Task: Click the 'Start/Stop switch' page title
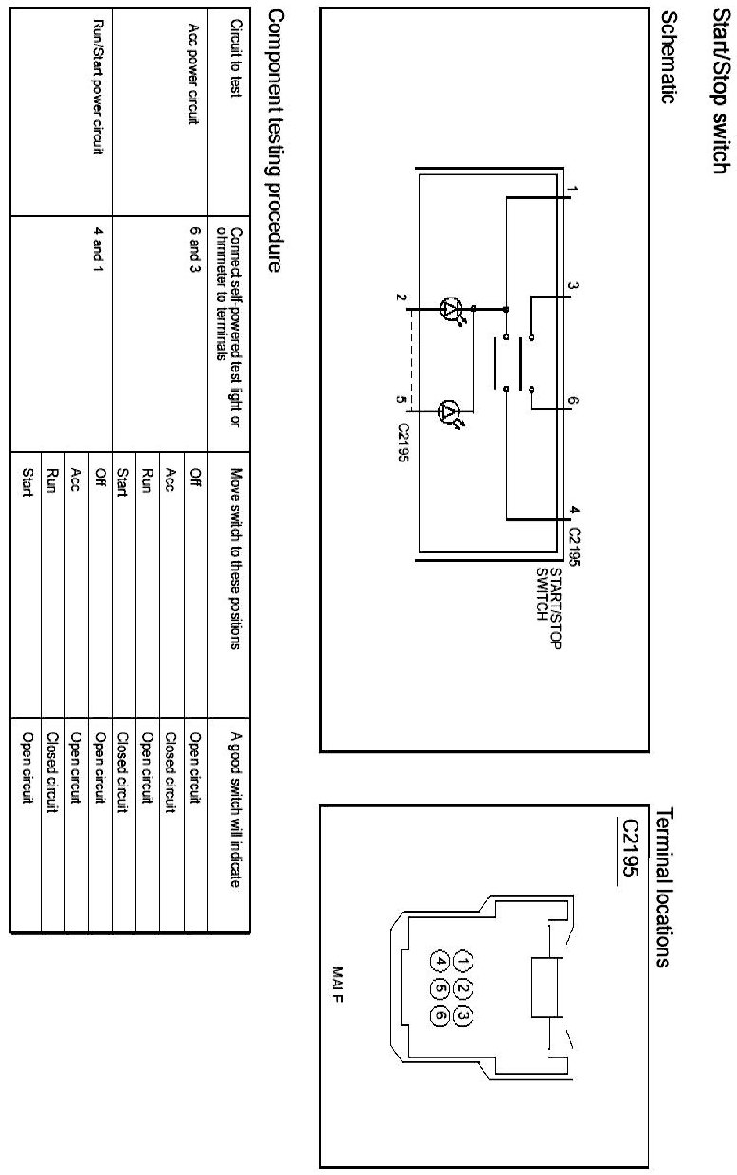(x=719, y=85)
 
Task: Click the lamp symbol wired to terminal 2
(x=453, y=308)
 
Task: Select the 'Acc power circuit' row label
(x=194, y=75)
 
